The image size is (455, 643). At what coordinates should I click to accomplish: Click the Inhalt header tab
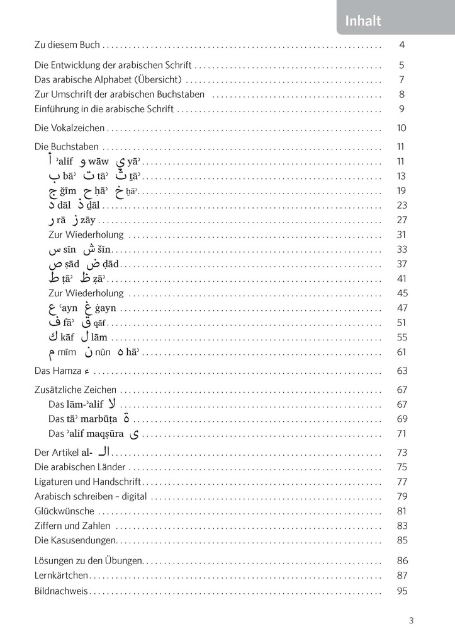(363, 21)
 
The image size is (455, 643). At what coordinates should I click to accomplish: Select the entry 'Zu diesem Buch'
(67, 45)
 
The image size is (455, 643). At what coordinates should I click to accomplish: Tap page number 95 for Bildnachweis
(402, 591)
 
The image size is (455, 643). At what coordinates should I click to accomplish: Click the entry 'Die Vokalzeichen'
(69, 128)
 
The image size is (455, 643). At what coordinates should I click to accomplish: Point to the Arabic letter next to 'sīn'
(54, 250)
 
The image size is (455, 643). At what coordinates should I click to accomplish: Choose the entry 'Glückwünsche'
(64, 511)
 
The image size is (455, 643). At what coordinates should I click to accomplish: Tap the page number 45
(402, 293)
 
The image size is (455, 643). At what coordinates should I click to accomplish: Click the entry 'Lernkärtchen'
(61, 575)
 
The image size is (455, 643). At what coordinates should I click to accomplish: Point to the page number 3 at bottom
(411, 620)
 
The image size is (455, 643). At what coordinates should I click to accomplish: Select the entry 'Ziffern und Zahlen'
(72, 525)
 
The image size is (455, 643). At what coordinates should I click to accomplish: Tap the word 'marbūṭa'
(96, 419)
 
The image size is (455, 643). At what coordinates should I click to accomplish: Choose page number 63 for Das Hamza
(402, 370)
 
